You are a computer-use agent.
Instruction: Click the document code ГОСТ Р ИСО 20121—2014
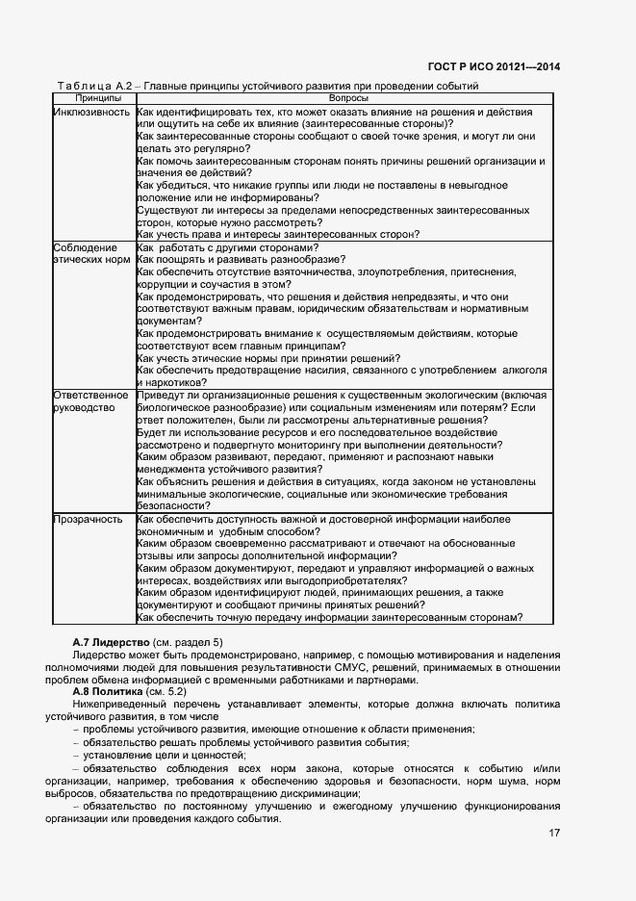493,66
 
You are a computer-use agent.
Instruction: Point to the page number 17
552,834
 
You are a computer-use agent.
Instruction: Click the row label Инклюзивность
91,112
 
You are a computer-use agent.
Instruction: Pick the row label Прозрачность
88,520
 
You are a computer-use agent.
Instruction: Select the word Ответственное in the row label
90,396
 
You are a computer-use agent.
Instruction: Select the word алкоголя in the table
522,371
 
